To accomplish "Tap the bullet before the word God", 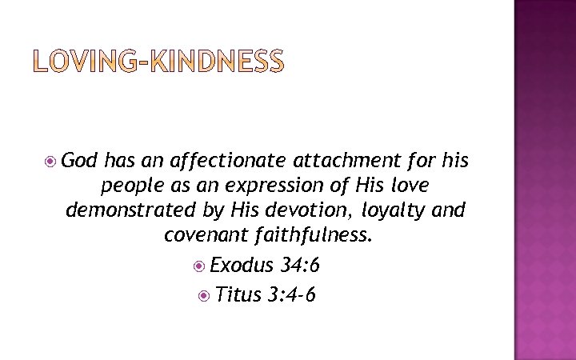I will tap(50, 161).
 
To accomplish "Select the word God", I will tap(80, 161).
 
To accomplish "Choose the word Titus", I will tap(238, 295).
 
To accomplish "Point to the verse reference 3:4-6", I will tap(293, 295).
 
